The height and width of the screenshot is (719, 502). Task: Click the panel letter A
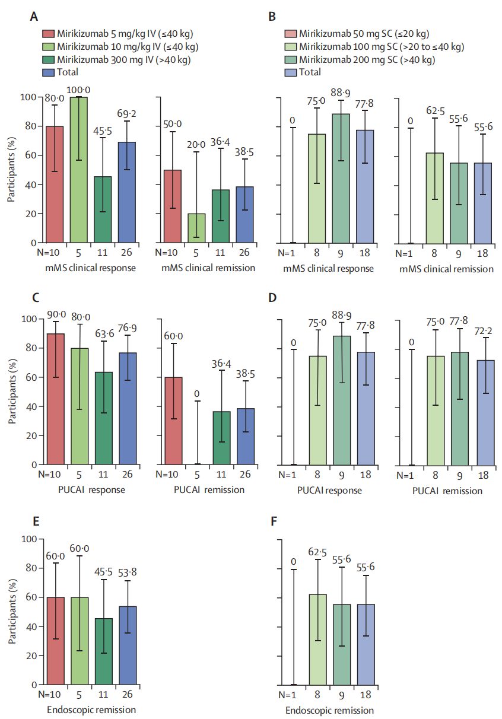click(34, 17)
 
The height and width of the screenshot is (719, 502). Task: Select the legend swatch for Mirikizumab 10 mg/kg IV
click(48, 46)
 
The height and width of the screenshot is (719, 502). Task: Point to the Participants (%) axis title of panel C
click(12, 392)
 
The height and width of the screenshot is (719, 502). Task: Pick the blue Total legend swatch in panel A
click(48, 72)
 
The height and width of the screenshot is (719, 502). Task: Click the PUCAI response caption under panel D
click(329, 491)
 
